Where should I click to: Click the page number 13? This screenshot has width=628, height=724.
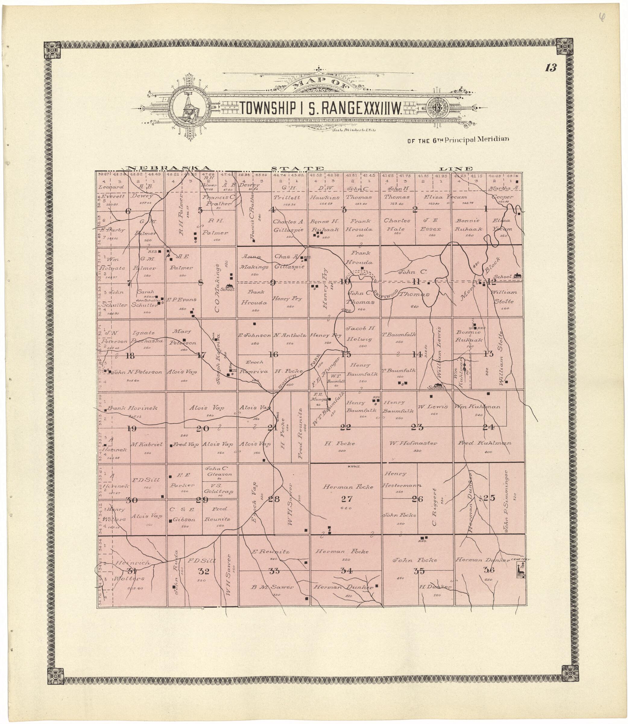[x=551, y=68]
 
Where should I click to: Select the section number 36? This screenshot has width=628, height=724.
[x=489, y=570]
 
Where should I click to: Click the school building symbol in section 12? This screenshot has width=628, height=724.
[x=517, y=276]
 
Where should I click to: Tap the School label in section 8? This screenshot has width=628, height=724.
[x=230, y=289]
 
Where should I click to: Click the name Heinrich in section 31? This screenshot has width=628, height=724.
[x=132, y=563]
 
